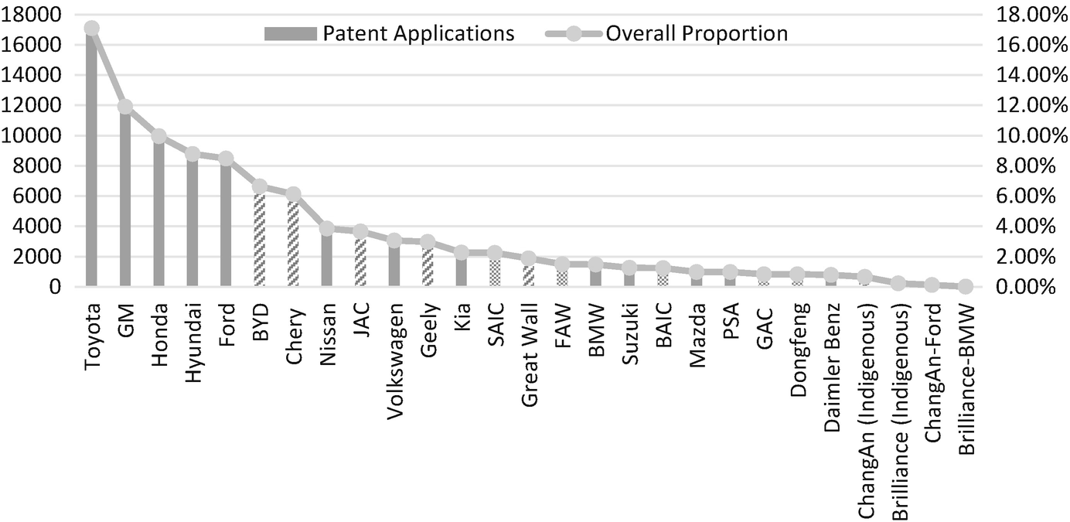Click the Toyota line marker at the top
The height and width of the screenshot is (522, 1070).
click(x=91, y=29)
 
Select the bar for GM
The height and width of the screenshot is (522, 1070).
click(x=125, y=201)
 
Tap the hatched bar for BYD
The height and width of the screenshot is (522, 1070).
click(x=260, y=240)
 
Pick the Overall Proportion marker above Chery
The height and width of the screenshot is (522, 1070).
click(x=293, y=194)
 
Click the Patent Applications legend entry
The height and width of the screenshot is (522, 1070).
click(x=389, y=34)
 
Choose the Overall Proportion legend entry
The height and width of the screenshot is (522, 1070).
click(x=666, y=34)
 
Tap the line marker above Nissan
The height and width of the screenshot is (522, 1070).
click(x=327, y=228)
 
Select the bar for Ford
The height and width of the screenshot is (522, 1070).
click(x=226, y=224)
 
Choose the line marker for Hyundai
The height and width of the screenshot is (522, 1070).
click(x=193, y=154)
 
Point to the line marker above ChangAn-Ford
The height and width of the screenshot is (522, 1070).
click(x=932, y=285)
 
